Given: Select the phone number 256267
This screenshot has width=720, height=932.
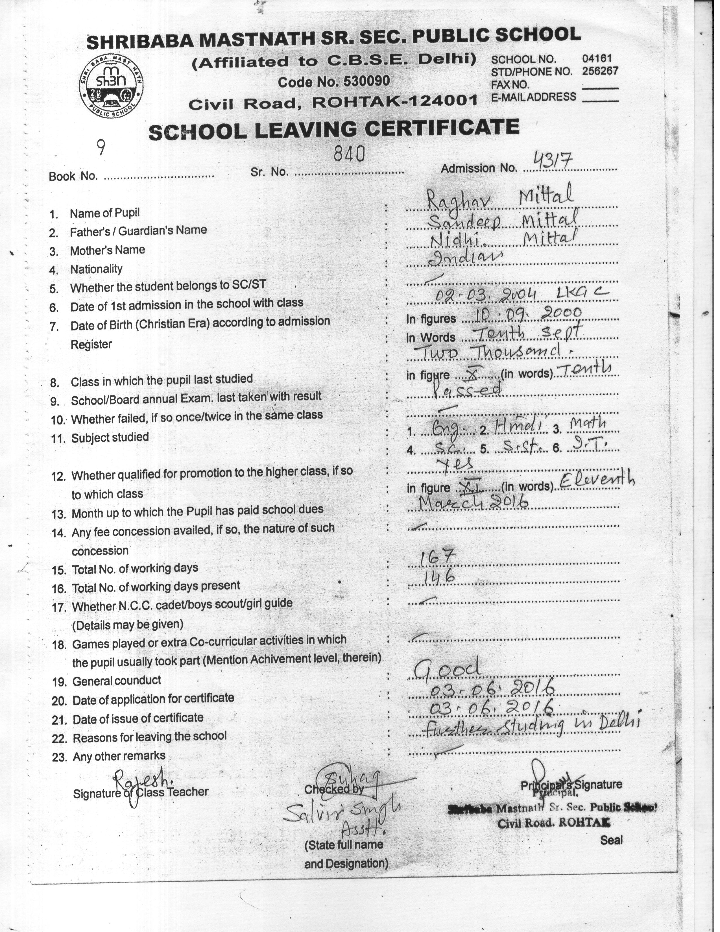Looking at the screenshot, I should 600,71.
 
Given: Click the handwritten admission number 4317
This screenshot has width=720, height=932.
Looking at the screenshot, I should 553,161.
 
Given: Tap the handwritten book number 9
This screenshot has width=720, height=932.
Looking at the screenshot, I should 101,148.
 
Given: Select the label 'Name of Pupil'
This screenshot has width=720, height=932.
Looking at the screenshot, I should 104,213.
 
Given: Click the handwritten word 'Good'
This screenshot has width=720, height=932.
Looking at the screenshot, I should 447,668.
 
